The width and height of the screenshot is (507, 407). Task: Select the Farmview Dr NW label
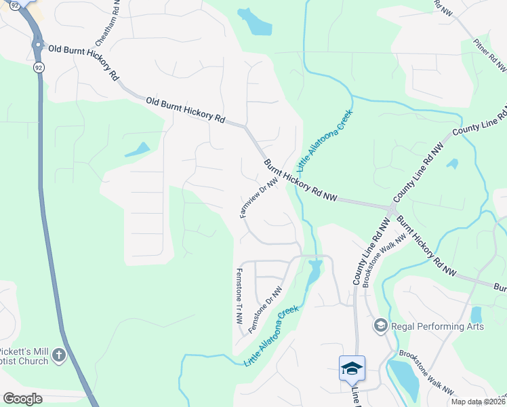pos(260,197)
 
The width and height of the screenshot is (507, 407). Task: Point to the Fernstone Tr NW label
pos(239,295)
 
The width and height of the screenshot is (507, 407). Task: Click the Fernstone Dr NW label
pos(264,309)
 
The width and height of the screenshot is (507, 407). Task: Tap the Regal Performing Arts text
pos(438,326)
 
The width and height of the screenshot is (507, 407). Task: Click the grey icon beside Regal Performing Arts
pos(380,326)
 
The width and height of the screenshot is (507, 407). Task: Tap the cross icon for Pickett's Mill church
pos(59,355)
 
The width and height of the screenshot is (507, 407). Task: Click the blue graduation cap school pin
pos(352,368)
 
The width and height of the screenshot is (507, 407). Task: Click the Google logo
pos(22,398)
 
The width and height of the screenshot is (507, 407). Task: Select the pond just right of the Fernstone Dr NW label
pos(313,273)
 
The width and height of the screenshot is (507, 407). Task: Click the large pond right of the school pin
pos(405,379)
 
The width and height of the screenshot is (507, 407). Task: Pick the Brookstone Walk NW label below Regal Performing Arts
pos(426,373)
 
